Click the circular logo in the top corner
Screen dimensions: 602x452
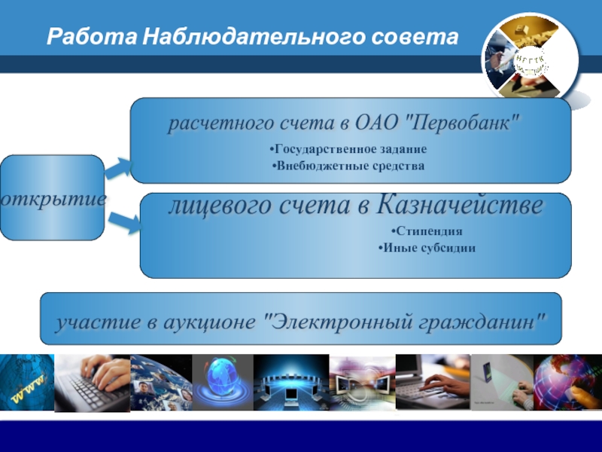pos(530,59)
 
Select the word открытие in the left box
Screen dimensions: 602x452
pos(53,199)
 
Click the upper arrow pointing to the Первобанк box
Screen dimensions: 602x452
pos(118,168)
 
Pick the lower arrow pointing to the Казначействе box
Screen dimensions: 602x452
pos(125,222)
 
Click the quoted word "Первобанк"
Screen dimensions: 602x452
pos(462,124)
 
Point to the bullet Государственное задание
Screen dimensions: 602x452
pos(348,148)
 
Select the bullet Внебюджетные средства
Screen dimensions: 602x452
pos(348,166)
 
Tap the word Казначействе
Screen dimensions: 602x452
pos(460,205)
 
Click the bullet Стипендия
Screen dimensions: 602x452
pos(427,231)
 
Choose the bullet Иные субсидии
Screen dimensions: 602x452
pos(427,248)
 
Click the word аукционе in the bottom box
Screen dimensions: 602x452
pos(210,322)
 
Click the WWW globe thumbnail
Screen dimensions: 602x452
pos(27,383)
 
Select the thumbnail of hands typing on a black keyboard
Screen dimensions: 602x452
pos(92,383)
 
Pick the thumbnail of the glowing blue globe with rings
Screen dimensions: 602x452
pos(223,383)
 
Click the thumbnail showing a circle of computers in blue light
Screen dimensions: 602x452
pos(291,383)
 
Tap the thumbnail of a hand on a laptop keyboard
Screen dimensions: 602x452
pos(433,382)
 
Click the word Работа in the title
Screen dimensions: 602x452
pos(92,37)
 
